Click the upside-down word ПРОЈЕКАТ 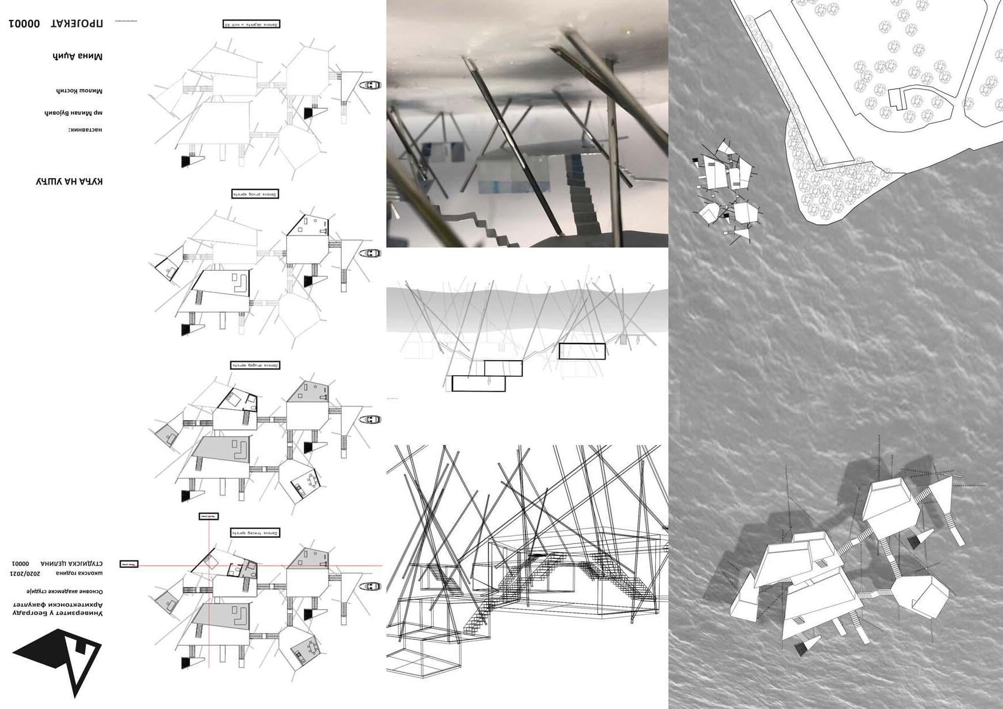click(x=77, y=23)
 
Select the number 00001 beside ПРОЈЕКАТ click(x=24, y=23)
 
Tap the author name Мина click(x=91, y=56)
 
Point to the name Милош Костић click(x=79, y=91)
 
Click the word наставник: click(x=85, y=130)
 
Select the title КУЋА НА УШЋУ click(x=69, y=182)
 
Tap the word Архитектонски click(x=79, y=604)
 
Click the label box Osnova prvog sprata click(x=255, y=194)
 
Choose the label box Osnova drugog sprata click(x=255, y=365)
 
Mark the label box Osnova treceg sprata click(x=255, y=533)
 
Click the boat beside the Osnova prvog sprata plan click(x=370, y=253)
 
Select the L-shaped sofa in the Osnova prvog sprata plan click(x=240, y=283)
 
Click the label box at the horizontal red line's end click(x=129, y=564)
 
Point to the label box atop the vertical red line click(x=208, y=517)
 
